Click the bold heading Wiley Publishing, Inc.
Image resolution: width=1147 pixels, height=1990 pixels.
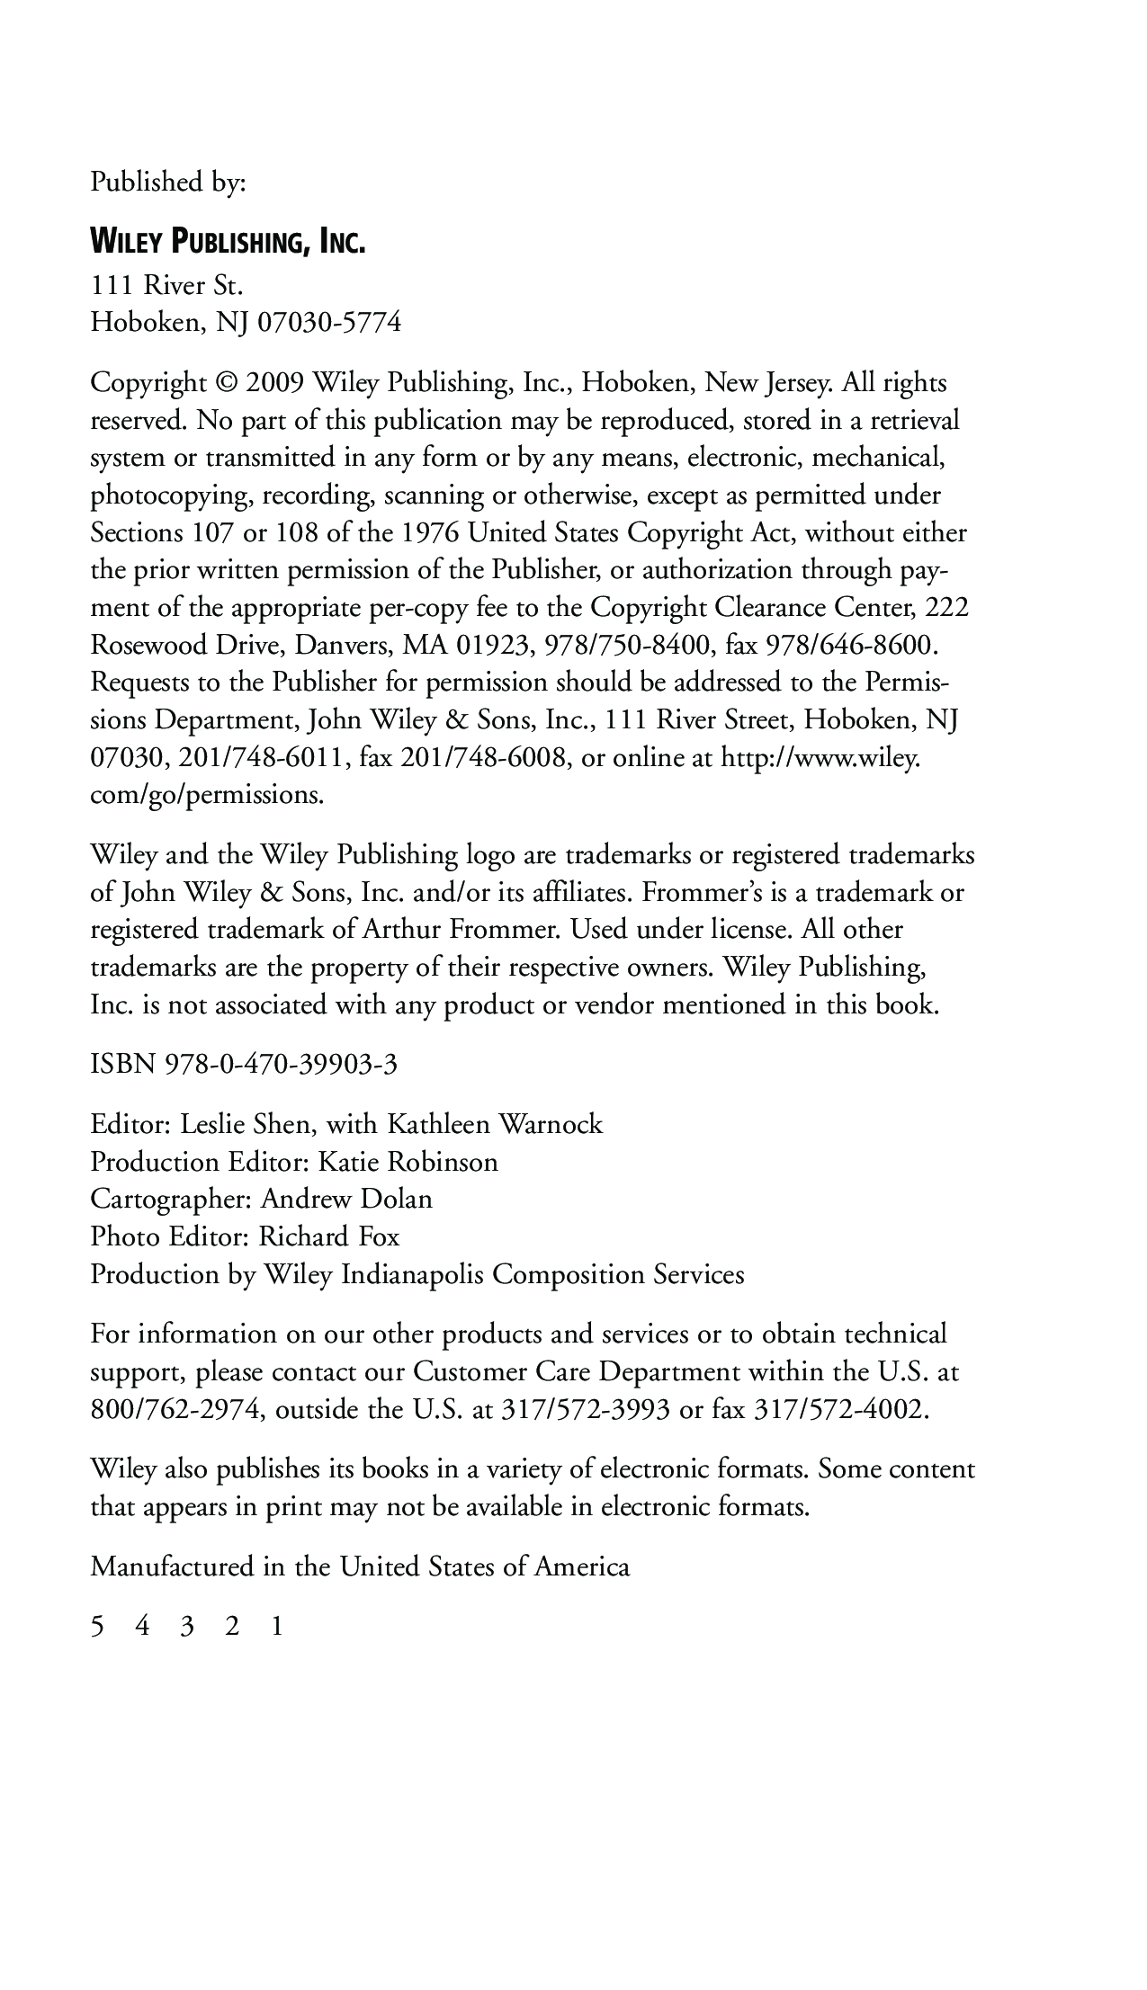[228, 242]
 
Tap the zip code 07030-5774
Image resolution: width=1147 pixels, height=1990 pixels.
[329, 322]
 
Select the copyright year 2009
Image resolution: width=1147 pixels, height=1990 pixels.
[274, 384]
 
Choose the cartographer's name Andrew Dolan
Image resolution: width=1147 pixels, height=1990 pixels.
[346, 1200]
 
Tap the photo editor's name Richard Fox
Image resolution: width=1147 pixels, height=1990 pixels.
[329, 1237]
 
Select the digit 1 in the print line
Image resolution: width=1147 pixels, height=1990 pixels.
[277, 1627]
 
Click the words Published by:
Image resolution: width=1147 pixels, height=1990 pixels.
[168, 183]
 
